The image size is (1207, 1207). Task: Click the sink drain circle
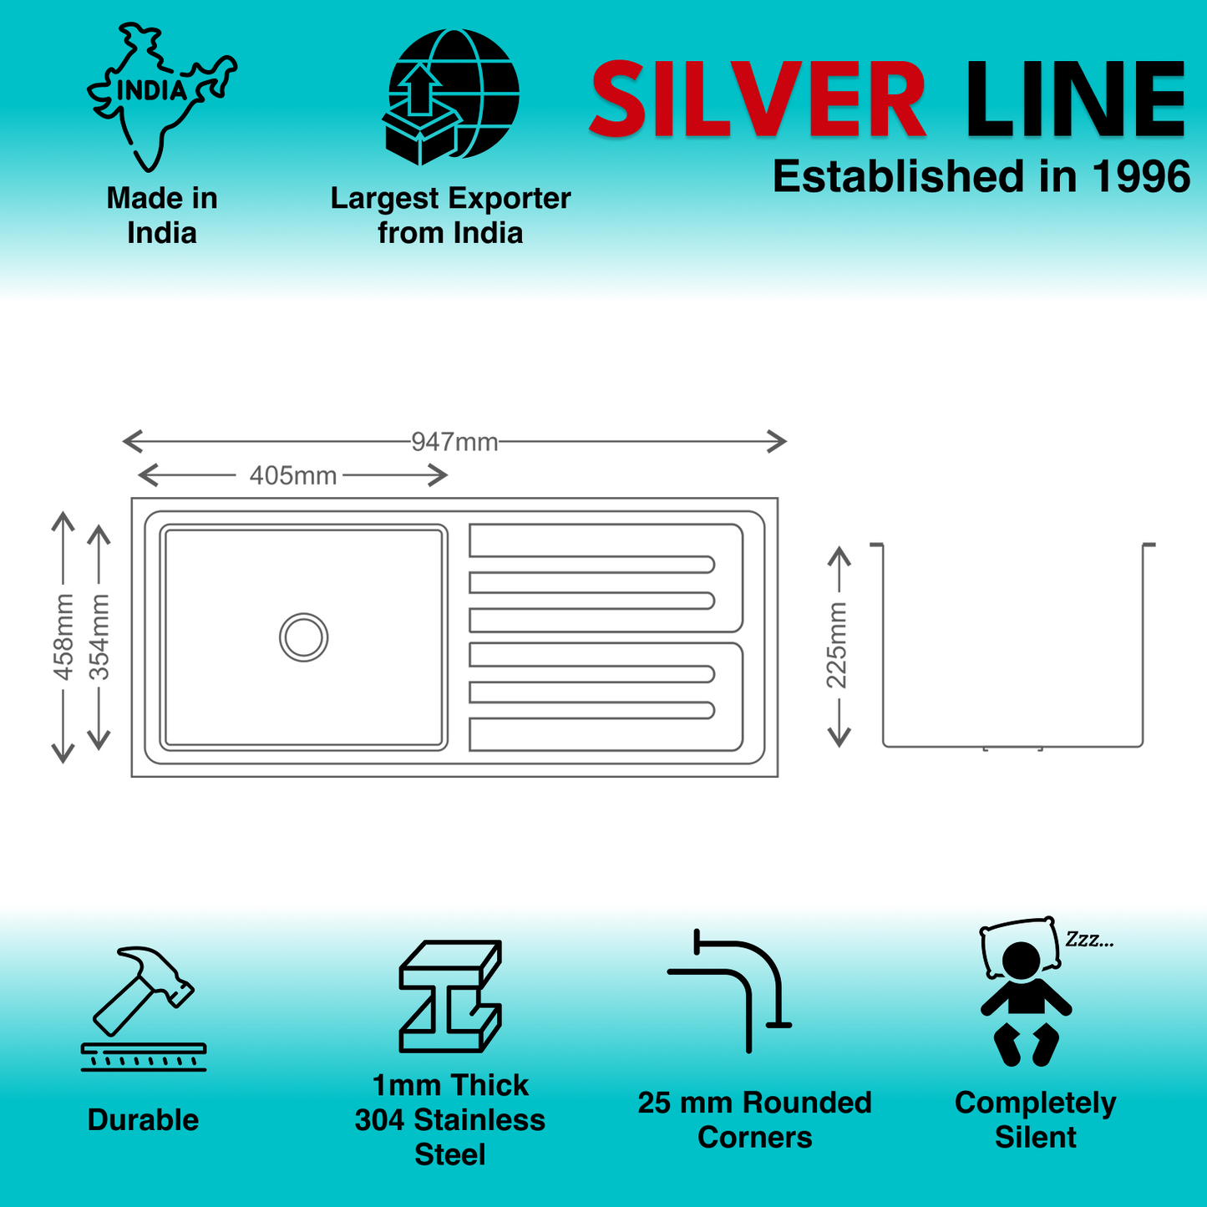(x=303, y=637)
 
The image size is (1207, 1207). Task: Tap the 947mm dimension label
(x=454, y=442)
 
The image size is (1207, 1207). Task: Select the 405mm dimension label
(x=293, y=476)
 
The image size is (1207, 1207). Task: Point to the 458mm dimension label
(x=64, y=636)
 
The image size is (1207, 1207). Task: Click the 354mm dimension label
(x=99, y=636)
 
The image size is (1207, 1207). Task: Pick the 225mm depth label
(x=837, y=645)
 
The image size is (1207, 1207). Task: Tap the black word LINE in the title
(x=1075, y=100)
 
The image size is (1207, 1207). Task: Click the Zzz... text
(x=1088, y=940)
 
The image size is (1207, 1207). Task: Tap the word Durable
(x=143, y=1120)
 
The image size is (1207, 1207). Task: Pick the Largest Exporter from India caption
(x=450, y=216)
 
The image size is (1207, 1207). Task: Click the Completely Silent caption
(x=1035, y=1120)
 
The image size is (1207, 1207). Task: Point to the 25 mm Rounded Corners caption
(x=754, y=1120)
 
